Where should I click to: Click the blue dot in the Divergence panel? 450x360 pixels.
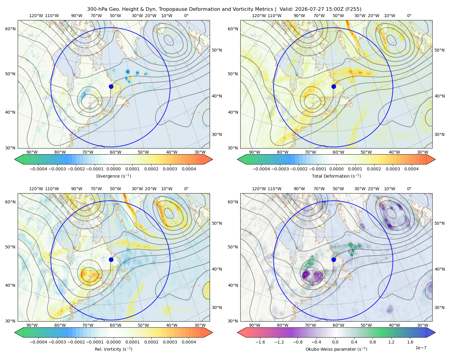(111, 87)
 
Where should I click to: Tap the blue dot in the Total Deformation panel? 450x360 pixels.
(334, 87)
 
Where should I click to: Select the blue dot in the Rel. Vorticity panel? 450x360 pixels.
(111, 259)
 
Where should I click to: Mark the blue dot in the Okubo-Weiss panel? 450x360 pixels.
(334, 259)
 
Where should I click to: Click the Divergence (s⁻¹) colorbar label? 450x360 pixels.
(113, 176)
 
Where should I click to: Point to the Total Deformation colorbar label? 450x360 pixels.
(336, 176)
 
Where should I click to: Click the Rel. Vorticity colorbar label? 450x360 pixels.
(113, 349)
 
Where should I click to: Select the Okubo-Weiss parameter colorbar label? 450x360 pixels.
(336, 349)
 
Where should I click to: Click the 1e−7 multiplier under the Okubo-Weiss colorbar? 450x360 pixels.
(421, 348)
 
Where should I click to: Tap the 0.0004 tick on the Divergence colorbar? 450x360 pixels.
(189, 169)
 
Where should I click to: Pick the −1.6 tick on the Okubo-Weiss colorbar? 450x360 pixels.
(260, 342)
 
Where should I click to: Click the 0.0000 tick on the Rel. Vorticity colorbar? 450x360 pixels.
(113, 342)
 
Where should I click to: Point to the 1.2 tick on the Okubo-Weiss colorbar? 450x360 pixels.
(391, 342)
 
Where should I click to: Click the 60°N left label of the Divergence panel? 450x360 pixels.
(10, 29)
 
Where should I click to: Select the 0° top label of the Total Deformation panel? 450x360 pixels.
(409, 16)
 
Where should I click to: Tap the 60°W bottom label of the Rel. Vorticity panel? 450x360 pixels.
(115, 325)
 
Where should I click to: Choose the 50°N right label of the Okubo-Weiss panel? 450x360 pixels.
(439, 223)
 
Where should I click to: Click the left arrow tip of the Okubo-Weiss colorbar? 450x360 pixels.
(237, 332)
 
